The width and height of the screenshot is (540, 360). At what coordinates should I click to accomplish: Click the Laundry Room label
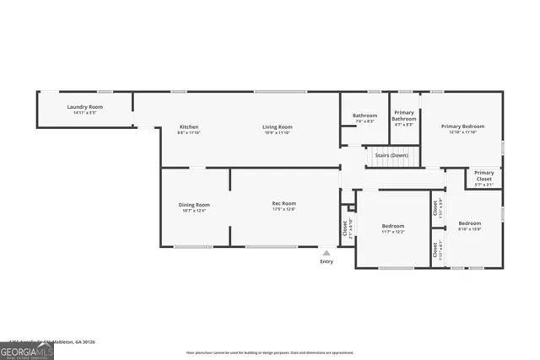(x=84, y=107)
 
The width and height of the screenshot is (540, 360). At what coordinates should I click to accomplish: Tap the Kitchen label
(x=188, y=126)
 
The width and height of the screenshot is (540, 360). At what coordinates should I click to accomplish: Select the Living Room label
(x=277, y=126)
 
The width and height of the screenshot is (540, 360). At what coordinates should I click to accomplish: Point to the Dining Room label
(x=193, y=204)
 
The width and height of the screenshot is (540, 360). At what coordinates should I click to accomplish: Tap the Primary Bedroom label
(x=462, y=126)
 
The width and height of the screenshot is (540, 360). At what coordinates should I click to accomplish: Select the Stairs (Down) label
(x=391, y=155)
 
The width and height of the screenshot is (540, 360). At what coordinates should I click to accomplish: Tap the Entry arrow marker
(x=327, y=251)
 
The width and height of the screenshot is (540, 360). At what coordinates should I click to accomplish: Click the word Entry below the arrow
(x=327, y=261)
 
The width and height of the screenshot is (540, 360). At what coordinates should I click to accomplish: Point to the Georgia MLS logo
(x=27, y=349)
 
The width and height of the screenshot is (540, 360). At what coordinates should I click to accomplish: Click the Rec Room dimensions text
(x=283, y=210)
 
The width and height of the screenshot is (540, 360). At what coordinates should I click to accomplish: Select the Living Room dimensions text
(x=277, y=133)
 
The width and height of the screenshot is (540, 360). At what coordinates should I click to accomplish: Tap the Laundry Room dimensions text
(x=84, y=113)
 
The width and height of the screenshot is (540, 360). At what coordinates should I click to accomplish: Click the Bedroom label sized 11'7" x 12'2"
(x=393, y=225)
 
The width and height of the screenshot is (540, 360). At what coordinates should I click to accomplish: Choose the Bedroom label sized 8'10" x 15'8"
(x=469, y=223)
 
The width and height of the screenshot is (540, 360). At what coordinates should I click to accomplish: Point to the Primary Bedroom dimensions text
(x=462, y=132)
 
